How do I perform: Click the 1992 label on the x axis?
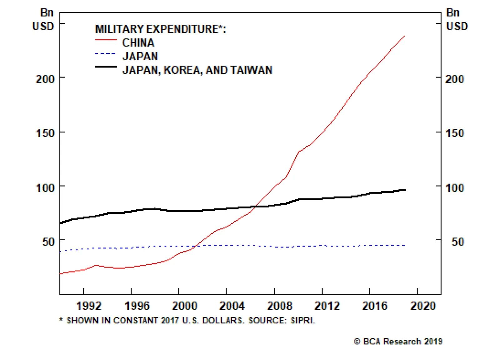(x=89, y=305)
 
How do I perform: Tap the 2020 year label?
(x=423, y=305)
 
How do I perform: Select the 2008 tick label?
(x=279, y=305)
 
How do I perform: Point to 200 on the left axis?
(x=45, y=79)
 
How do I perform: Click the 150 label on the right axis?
(x=455, y=133)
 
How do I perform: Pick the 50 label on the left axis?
(x=48, y=242)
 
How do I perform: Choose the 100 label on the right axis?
(x=455, y=187)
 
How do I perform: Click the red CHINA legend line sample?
(x=106, y=40)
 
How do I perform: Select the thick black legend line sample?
(x=106, y=67)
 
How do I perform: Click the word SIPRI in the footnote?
(x=302, y=320)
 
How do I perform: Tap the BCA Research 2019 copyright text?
(x=398, y=341)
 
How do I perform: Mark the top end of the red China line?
(x=405, y=36)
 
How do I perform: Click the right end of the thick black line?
(x=405, y=190)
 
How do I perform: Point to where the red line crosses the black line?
(x=255, y=207)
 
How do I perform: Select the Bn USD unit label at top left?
(x=43, y=19)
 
